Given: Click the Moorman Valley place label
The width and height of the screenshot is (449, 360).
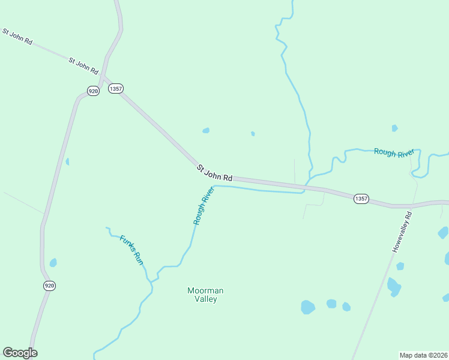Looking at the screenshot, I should pyautogui.click(x=205, y=295).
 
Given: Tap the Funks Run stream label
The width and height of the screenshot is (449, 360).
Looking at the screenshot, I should pyautogui.click(x=131, y=250).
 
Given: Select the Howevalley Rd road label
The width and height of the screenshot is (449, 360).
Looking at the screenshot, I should pyautogui.click(x=402, y=232).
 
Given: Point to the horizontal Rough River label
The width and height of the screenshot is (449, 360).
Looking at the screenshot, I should pyautogui.click(x=394, y=152).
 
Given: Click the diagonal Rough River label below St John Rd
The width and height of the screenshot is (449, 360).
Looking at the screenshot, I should pyautogui.click(x=204, y=206).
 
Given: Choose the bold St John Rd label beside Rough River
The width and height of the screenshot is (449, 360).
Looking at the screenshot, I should pyautogui.click(x=214, y=174).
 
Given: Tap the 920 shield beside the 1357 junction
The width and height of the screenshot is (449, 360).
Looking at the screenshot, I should pyautogui.click(x=92, y=91).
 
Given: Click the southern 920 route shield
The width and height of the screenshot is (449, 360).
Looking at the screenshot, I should pyautogui.click(x=49, y=286).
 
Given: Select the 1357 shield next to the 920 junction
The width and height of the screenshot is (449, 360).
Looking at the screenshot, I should pyautogui.click(x=116, y=88).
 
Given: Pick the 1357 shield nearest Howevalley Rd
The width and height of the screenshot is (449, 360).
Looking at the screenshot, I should pyautogui.click(x=361, y=199).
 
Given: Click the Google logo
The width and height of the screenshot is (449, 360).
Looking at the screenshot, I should pyautogui.click(x=20, y=353).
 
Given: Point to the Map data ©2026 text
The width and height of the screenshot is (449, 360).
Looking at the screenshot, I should pyautogui.click(x=423, y=355).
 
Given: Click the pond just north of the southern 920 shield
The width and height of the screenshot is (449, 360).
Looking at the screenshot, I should pyautogui.click(x=53, y=263).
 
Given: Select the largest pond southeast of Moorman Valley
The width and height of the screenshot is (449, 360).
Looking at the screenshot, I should pyautogui.click(x=307, y=307).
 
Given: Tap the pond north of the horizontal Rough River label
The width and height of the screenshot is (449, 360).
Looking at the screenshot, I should pyautogui.click(x=394, y=128).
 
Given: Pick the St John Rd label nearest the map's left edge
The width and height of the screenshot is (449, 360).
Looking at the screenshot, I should pyautogui.click(x=17, y=37).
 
